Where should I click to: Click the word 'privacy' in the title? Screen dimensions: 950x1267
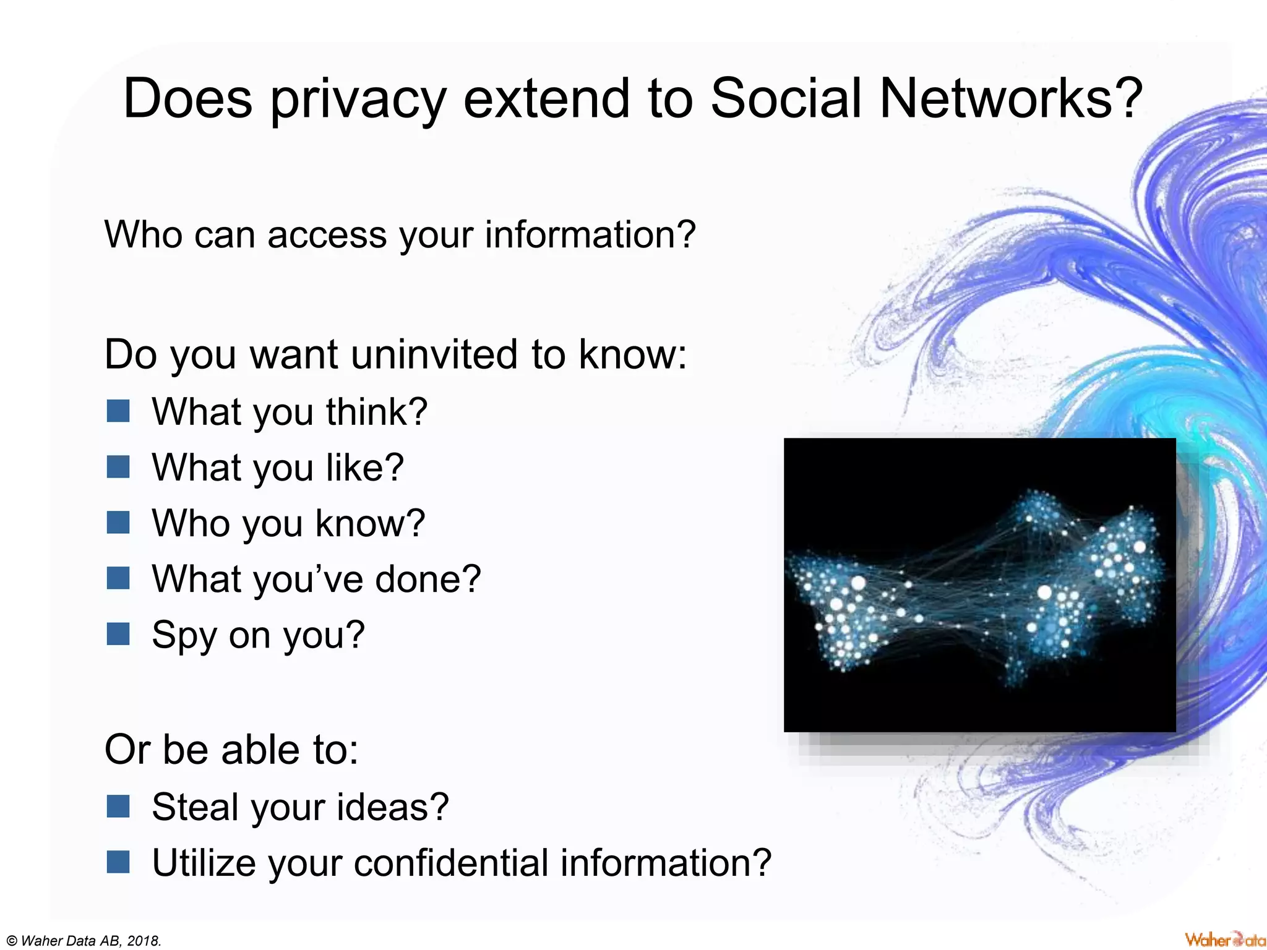pos(358,100)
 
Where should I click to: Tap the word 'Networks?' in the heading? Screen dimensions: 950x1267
pos(1010,99)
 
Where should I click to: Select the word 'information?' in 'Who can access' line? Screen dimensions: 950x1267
pos(590,235)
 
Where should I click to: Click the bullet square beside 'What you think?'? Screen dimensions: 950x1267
pos(118,411)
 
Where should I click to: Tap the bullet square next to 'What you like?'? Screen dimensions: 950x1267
pos(118,467)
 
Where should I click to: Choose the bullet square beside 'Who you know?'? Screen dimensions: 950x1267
pos(118,523)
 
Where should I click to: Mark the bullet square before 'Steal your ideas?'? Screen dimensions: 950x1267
pos(118,807)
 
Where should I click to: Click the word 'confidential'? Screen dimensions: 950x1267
pos(451,863)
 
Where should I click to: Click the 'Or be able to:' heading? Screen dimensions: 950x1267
pos(231,750)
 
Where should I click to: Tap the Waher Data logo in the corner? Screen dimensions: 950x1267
pos(1225,939)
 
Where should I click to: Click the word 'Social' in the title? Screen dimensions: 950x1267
pos(786,99)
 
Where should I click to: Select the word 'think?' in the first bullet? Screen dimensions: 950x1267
pos(377,412)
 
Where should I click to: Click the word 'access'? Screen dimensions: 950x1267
pos(327,235)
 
